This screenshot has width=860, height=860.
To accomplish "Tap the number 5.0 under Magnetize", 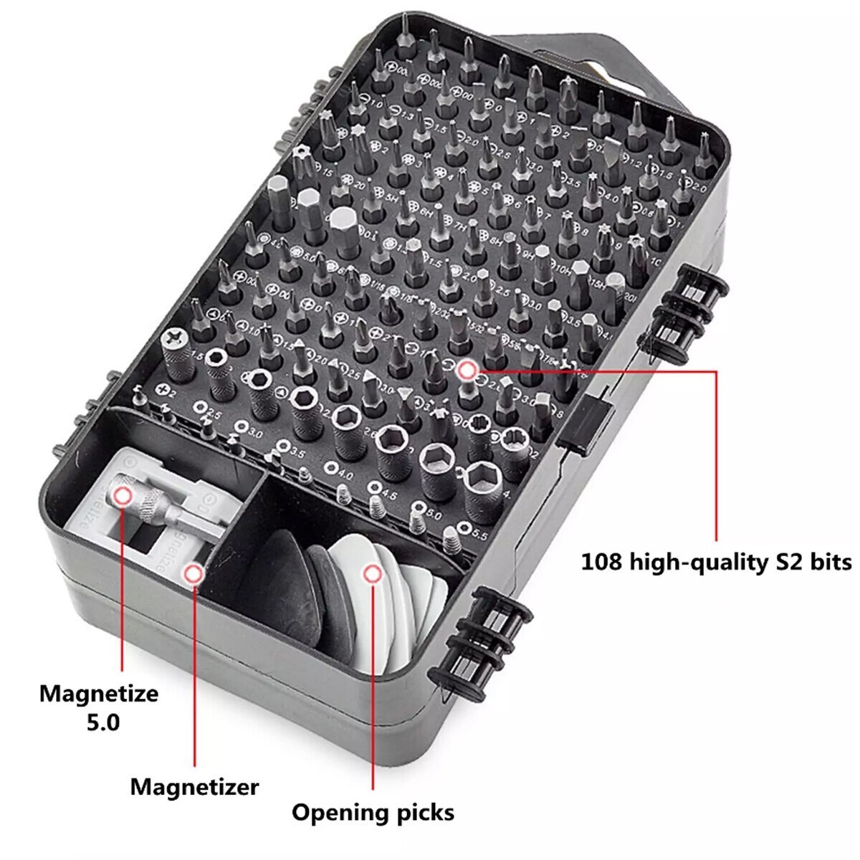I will click(102, 722).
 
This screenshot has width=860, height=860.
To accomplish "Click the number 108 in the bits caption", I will click(602, 561).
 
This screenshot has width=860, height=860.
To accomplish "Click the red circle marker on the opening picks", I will click(371, 573).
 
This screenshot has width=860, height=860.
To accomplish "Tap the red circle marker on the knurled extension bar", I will click(123, 496).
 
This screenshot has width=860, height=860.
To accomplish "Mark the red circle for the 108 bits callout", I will click(467, 370).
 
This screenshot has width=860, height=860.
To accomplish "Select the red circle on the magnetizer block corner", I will click(193, 573).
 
